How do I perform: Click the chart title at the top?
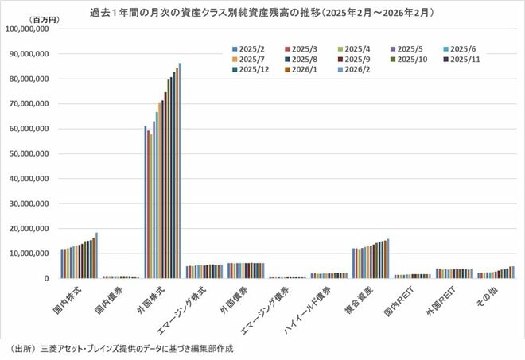262,14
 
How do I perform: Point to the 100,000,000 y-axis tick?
28,29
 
